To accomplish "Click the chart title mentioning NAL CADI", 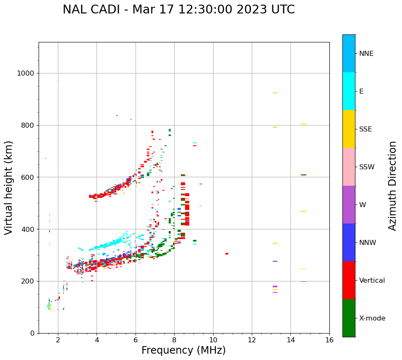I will [x=179, y=10].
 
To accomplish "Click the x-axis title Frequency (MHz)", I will [x=183, y=350].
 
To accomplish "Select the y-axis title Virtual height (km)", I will [x=9, y=187].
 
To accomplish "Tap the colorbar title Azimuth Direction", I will [x=392, y=186].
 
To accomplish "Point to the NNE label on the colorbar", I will [x=366, y=54].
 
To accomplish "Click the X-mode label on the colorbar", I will [x=372, y=318].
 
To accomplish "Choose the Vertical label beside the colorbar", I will [x=372, y=281].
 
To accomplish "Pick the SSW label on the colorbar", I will [x=367, y=167].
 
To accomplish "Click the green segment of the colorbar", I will [x=349, y=318].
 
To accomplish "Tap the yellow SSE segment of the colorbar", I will [x=349, y=129].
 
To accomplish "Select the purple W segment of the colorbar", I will [x=349, y=205].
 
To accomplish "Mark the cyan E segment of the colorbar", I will [x=349, y=91].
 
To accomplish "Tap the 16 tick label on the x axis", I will [x=329, y=339].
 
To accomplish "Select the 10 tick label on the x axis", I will [x=213, y=339].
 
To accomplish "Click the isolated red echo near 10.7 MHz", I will [x=227, y=254].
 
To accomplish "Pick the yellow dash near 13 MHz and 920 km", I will [x=275, y=93].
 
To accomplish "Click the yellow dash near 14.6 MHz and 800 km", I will [x=303, y=124].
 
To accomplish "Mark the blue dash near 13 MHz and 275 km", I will [x=275, y=261].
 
